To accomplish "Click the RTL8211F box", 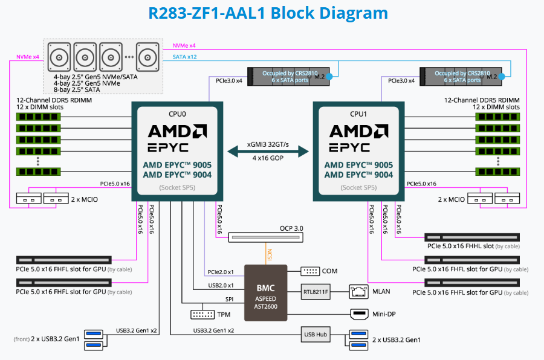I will pyautogui.click(x=316, y=292).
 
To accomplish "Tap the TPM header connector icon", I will pyautogui.click(x=202, y=315).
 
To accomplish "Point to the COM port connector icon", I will pyautogui.click(x=311, y=271).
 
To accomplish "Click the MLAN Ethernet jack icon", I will pyautogui.click(x=359, y=292).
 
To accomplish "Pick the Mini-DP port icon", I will pyautogui.click(x=360, y=314).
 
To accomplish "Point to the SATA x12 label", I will pyautogui.click(x=184, y=57).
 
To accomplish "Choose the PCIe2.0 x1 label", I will pyautogui.click(x=221, y=271).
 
